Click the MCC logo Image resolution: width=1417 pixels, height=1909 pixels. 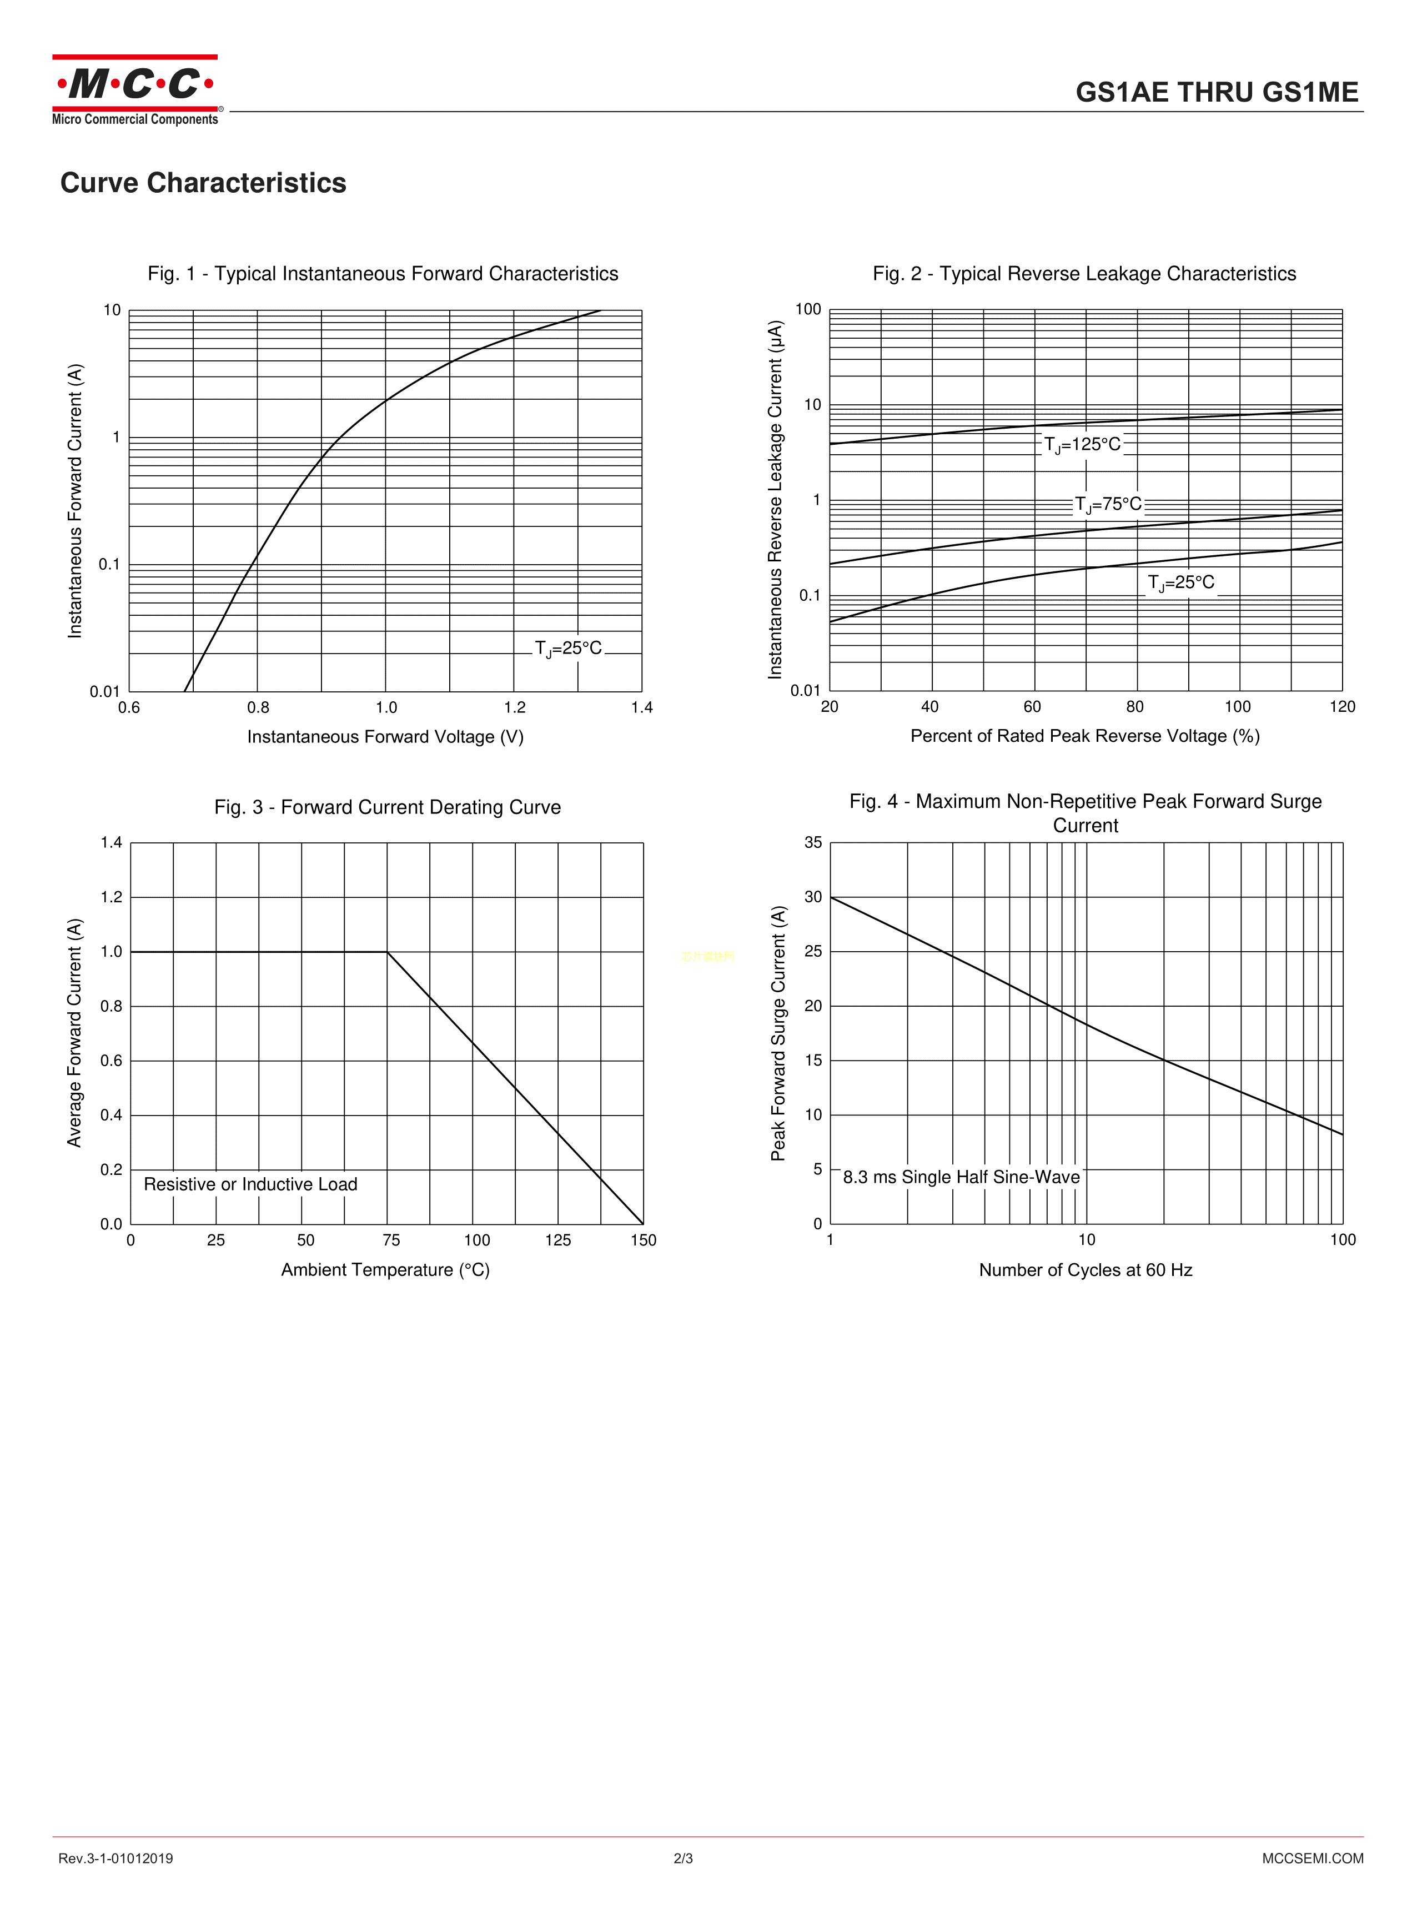pos(135,89)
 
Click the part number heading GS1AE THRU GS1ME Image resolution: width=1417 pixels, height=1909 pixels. pos(1217,93)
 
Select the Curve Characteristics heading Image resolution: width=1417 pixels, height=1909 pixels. pos(203,183)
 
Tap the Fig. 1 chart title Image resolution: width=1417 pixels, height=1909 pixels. pos(383,274)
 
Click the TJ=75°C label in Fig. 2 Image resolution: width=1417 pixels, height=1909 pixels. pos(1108,504)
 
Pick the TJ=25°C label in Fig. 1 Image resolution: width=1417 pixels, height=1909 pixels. pos(568,649)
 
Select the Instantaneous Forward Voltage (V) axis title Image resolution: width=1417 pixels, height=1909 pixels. pos(385,737)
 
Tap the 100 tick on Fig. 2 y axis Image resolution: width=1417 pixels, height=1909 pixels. pos(808,310)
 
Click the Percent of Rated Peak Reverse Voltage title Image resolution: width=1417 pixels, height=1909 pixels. pos(1084,736)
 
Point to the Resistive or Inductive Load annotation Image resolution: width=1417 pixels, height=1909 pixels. pos(250,1184)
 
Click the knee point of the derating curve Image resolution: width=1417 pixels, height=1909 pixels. pos(388,952)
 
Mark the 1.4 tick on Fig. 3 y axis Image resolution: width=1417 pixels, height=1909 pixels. pos(112,842)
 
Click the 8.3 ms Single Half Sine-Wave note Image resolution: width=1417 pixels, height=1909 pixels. pos(961,1178)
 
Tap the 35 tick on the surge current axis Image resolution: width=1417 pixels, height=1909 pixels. pos(812,842)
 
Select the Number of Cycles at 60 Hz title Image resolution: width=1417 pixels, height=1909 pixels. pos(1085,1270)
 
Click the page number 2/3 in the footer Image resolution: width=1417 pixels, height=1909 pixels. pos(683,1858)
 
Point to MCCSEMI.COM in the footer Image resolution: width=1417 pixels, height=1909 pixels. pos(1313,1858)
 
